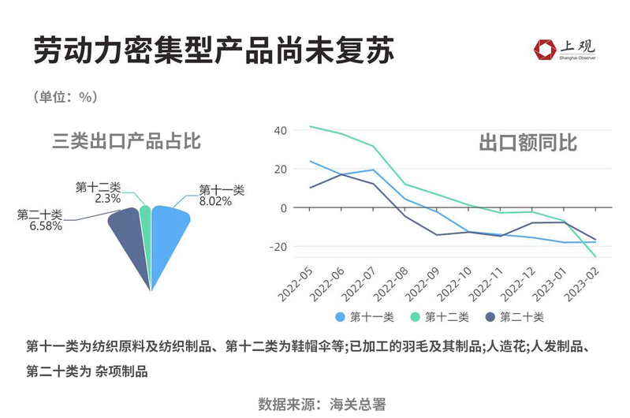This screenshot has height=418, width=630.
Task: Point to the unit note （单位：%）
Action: click(65, 97)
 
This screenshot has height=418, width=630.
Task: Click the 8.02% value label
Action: click(214, 202)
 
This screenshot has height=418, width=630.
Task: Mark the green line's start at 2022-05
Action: click(310, 126)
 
